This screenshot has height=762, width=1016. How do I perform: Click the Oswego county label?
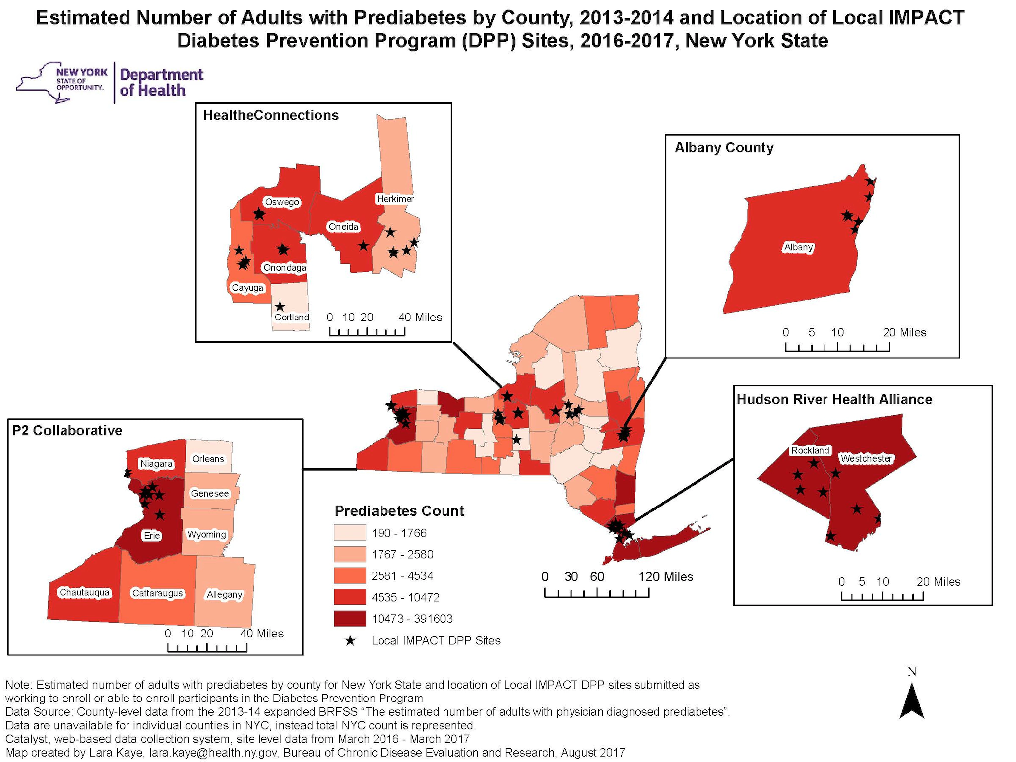coord(282,202)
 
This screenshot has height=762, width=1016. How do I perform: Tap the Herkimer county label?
coord(395,199)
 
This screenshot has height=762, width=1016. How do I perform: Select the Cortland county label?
coord(292,317)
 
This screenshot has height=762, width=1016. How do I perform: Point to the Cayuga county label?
coord(248,288)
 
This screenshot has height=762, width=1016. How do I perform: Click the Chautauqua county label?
coord(84,592)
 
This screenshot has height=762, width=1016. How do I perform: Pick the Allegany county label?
coord(224,594)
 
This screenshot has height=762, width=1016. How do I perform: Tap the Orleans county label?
coord(208,459)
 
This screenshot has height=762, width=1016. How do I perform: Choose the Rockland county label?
coord(810,450)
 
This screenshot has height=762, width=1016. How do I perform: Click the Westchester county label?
coord(866,459)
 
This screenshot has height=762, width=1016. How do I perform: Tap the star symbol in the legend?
coord(350,641)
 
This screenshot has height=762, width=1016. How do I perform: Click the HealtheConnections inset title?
coord(271,115)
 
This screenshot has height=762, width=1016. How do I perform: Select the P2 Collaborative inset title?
coord(67,430)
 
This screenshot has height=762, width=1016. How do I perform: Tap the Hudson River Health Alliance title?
coord(834,399)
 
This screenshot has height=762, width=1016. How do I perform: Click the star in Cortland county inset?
coord(280,307)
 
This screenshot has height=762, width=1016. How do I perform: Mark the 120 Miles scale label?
coord(665,576)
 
